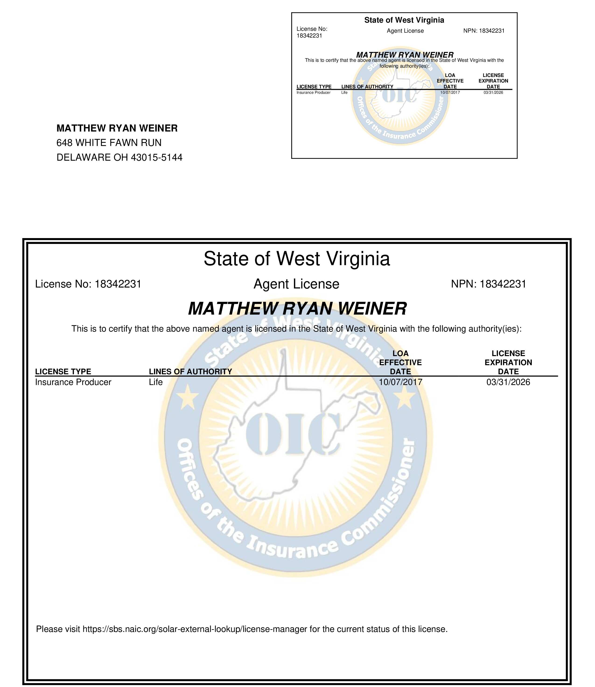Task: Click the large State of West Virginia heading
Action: (297, 259)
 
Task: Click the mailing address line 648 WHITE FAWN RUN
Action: (109, 143)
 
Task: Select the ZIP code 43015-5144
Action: (157, 157)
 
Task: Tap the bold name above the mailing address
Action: (117, 128)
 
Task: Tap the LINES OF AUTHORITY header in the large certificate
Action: (190, 371)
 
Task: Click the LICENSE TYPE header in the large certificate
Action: (63, 371)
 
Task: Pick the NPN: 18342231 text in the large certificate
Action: (488, 284)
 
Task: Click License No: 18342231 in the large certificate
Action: (88, 284)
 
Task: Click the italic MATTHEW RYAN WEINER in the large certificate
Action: (297, 309)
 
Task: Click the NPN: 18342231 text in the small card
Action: (484, 31)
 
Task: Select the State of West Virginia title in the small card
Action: (404, 20)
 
